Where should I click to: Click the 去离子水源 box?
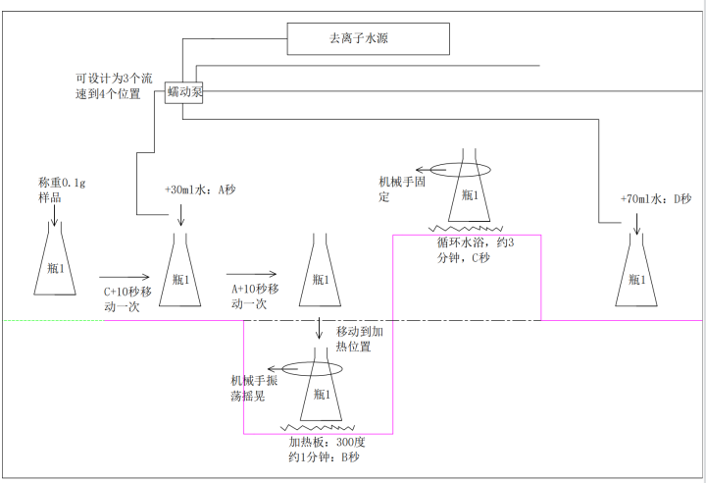click(368, 39)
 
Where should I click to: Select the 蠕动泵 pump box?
click(184, 92)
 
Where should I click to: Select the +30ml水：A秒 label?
click(200, 190)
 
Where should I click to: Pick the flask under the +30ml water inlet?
click(182, 272)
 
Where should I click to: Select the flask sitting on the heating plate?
click(318, 393)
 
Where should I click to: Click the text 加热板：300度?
click(320, 443)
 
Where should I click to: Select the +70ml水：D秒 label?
click(655, 199)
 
